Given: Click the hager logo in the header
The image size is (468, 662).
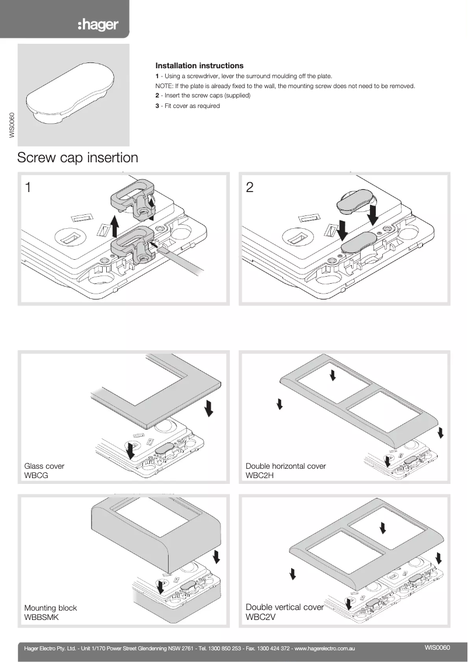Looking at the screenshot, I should point(99,25).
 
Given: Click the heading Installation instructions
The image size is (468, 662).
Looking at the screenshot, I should point(199,66).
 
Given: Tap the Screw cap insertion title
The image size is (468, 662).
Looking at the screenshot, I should point(78,158).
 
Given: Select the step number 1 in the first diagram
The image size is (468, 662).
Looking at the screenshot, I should point(28,187).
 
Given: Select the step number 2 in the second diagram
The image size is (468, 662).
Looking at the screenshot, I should point(250,187).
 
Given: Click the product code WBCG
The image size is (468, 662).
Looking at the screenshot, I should point(36,476).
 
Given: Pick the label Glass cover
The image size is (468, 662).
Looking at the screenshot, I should point(44,466).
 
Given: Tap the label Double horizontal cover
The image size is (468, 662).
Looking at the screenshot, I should point(285,466).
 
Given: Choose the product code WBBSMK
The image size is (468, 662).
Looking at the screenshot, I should point(41,617).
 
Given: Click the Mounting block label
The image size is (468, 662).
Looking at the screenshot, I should point(50,608).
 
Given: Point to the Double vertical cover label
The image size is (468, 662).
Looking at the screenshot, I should point(284,607).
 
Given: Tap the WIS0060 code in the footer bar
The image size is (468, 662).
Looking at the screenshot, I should point(438,647).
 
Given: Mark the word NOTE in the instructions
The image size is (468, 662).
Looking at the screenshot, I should point(154,86).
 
